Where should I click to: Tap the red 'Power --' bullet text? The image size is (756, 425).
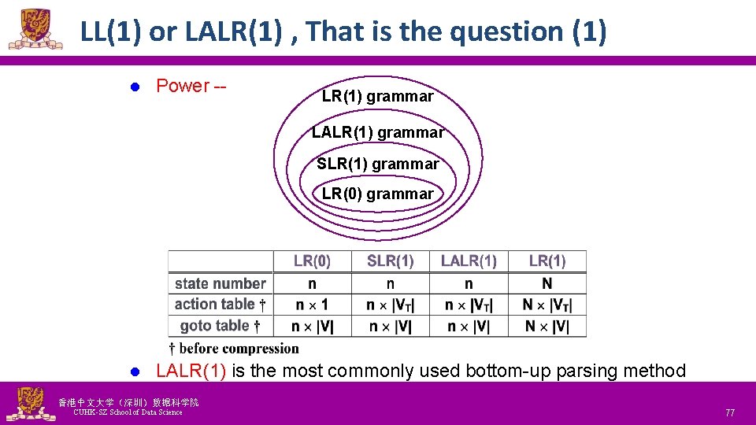[x=191, y=86]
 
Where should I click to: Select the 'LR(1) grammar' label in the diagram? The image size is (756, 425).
[x=378, y=97]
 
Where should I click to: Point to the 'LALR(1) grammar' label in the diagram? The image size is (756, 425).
[x=378, y=133]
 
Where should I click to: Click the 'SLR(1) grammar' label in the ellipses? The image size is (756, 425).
[x=378, y=164]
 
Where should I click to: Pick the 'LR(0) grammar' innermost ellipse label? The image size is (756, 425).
[x=378, y=194]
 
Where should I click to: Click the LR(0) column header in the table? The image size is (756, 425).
[x=312, y=261]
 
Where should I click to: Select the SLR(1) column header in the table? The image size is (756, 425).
[x=390, y=261]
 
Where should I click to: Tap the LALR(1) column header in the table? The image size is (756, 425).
[x=469, y=261]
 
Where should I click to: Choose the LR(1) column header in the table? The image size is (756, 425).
[x=547, y=261]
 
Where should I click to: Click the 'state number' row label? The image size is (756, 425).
[x=220, y=283]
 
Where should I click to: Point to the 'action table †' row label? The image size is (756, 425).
[x=220, y=305]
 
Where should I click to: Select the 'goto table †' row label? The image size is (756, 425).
[x=220, y=326]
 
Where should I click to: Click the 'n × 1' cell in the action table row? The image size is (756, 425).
[x=312, y=305]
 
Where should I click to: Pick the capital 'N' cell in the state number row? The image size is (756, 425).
[x=547, y=283]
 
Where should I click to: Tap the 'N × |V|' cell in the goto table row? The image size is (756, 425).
[x=547, y=326]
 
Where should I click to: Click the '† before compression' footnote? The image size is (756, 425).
[x=235, y=348]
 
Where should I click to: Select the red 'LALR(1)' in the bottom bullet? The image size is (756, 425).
[x=191, y=371]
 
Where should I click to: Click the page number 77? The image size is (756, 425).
[x=729, y=412]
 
